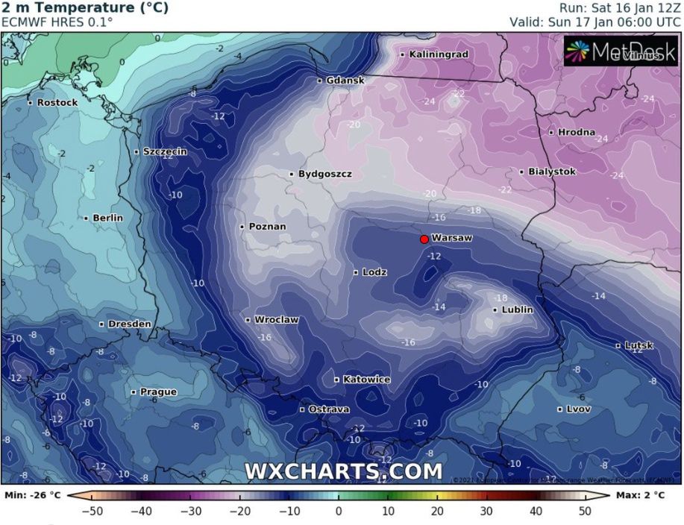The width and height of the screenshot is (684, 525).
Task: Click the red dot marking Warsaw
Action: (x=424, y=239)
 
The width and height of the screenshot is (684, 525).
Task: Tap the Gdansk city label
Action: (x=345, y=80)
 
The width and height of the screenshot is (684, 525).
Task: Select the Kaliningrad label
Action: (x=439, y=54)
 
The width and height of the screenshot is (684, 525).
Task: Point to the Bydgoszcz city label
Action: (x=324, y=174)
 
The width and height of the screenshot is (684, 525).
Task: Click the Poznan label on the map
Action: (x=267, y=227)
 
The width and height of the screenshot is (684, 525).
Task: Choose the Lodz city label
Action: (x=374, y=272)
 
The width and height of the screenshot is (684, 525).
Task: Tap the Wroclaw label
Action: (x=276, y=320)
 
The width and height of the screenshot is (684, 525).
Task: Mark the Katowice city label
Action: (x=366, y=380)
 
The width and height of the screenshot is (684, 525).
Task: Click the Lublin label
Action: (x=517, y=309)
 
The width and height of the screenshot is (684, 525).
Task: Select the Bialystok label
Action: (x=552, y=172)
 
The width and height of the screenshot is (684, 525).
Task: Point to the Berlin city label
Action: (x=107, y=218)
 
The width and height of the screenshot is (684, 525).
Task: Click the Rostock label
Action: (x=57, y=102)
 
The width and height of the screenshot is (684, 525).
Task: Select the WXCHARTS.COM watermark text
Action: (x=343, y=471)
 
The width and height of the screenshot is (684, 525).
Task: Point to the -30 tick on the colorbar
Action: (x=190, y=511)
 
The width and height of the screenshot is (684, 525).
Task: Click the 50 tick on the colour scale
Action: (x=585, y=511)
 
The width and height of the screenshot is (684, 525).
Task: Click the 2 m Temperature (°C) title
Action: (x=84, y=8)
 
